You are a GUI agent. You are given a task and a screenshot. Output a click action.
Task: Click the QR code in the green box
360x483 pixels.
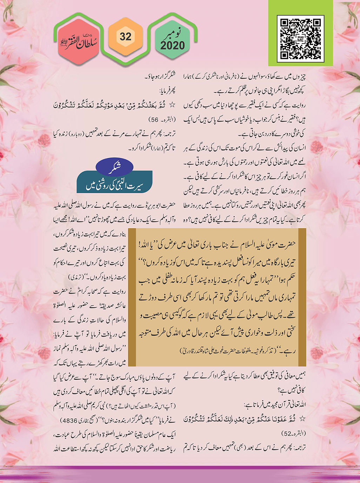tap(300, 38)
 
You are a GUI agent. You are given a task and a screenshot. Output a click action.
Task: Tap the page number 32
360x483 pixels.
tap(125, 37)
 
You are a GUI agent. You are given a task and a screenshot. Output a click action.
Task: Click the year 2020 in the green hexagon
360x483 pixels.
tap(172, 45)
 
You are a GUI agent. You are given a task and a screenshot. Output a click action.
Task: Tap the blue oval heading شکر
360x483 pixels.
tap(114, 168)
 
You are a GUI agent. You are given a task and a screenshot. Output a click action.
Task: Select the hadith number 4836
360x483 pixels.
tap(72, 421)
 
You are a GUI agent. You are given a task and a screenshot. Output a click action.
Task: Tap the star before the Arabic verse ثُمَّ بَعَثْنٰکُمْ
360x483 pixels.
tap(172, 105)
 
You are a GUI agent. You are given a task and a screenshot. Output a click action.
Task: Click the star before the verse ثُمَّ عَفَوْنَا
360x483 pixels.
tap(302, 419)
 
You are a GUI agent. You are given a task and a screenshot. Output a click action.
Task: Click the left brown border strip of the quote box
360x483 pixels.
tap(132, 297)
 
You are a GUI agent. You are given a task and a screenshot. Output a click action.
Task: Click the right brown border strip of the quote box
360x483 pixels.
tap(302, 297)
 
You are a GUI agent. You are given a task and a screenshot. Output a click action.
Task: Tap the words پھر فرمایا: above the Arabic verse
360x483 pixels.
tap(167, 91)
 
